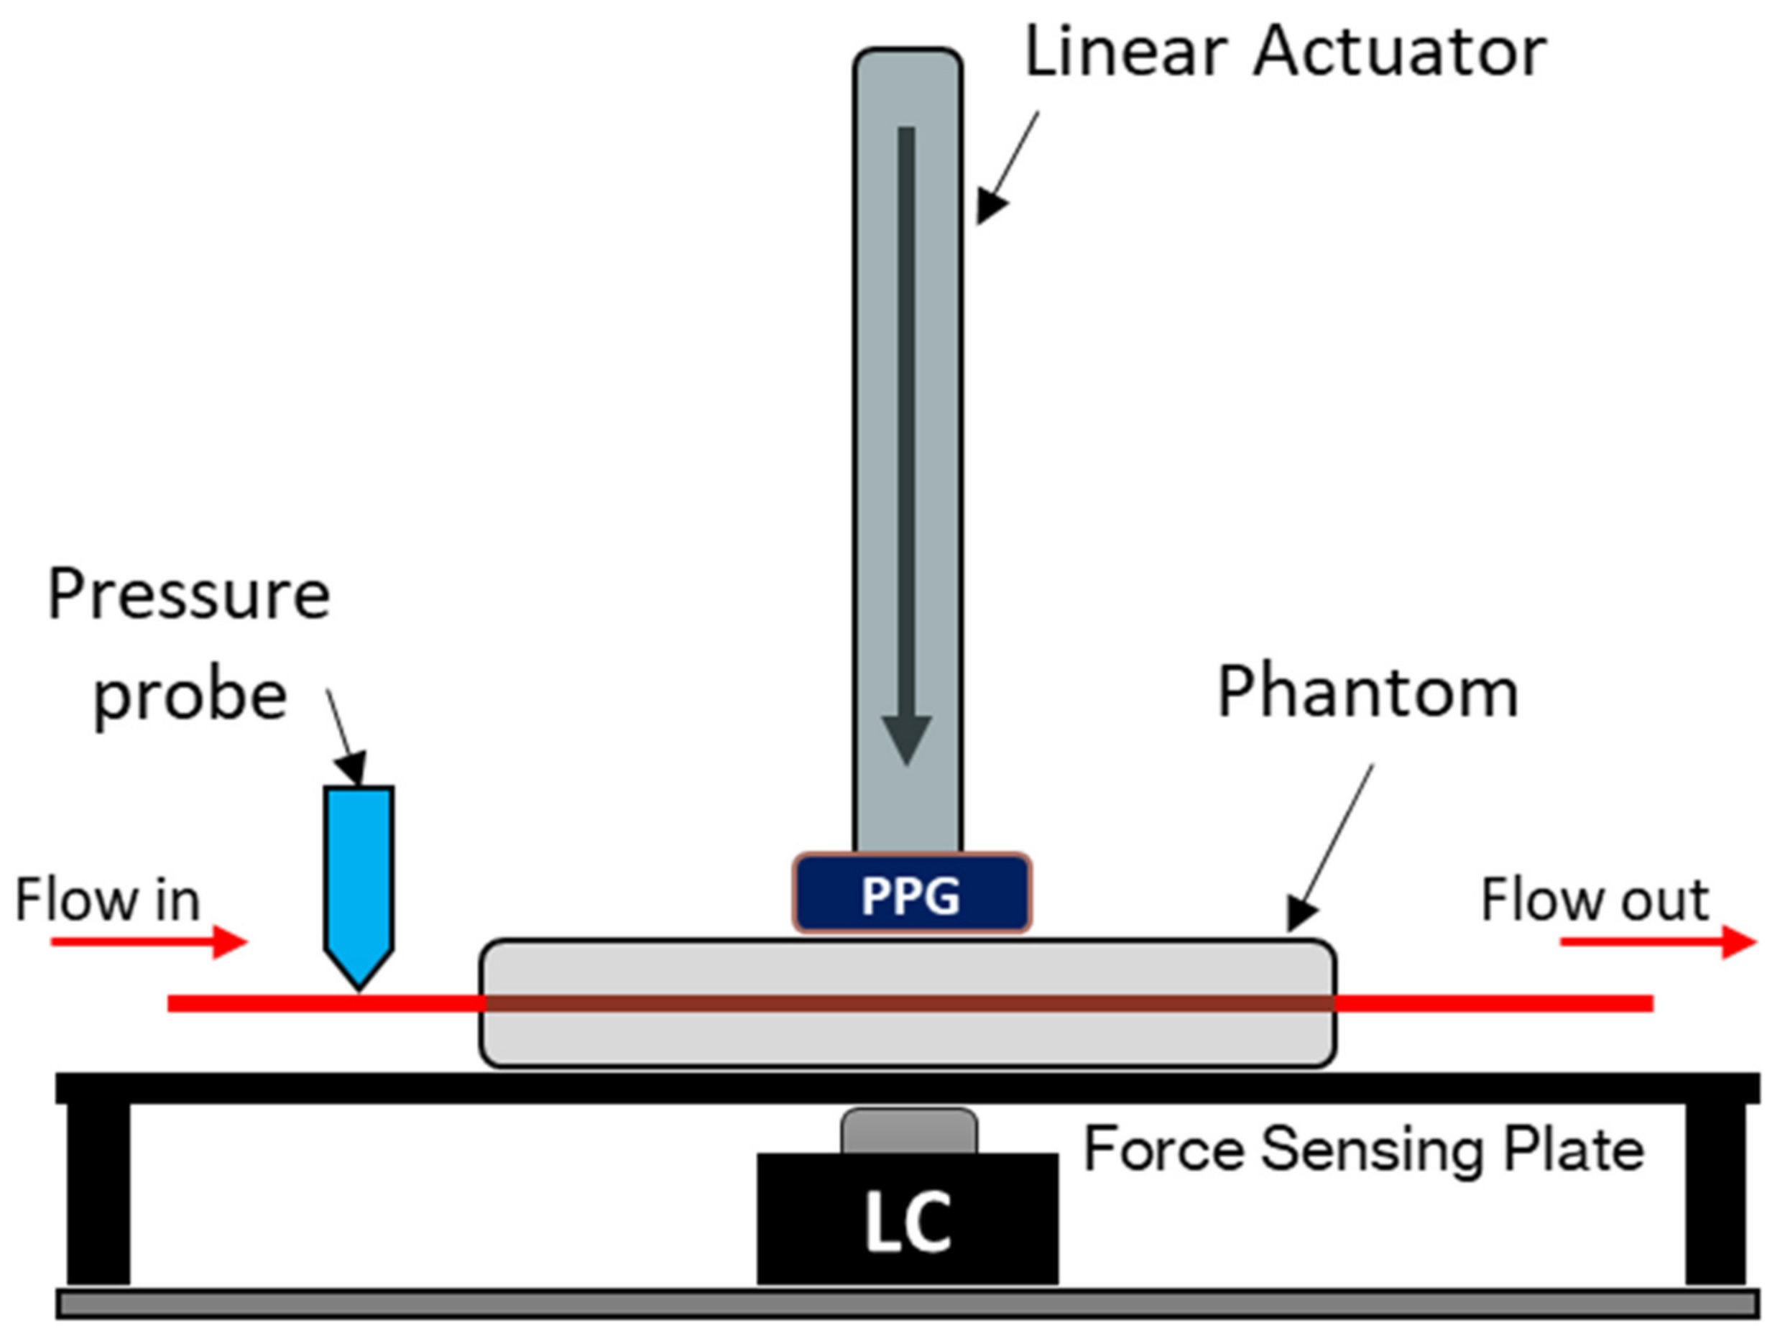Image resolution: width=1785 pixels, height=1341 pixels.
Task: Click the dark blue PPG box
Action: (x=912, y=894)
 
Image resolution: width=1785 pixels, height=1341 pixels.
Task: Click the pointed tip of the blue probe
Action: (x=359, y=986)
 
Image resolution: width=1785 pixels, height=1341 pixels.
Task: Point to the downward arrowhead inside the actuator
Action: (x=906, y=738)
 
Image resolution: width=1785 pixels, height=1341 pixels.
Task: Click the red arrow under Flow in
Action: (x=149, y=941)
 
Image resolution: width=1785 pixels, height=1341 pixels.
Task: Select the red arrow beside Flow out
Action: (x=1659, y=941)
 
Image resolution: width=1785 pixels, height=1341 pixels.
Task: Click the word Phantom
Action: (x=1367, y=692)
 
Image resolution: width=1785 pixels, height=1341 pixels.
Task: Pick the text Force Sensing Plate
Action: (x=1364, y=1149)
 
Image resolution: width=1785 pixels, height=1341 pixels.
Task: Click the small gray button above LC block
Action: (x=908, y=1131)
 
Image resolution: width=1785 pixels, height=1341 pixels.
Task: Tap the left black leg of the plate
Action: (x=98, y=1194)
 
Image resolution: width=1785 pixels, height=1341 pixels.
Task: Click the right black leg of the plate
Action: (x=1715, y=1194)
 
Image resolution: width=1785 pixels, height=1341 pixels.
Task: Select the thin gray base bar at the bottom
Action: (x=907, y=1304)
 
